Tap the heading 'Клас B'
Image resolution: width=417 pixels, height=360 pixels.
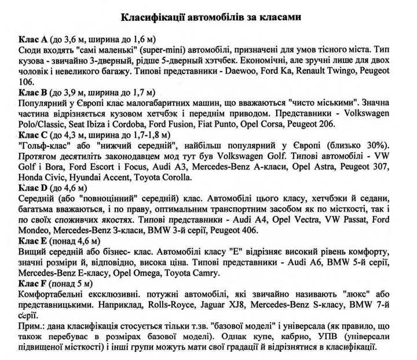coord(33,91)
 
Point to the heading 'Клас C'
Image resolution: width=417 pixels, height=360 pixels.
coord(33,134)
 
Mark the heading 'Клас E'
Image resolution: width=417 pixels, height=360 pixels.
coord(33,240)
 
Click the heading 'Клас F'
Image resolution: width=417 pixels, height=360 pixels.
coord(33,283)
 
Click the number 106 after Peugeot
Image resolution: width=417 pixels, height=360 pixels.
coord(26,83)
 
